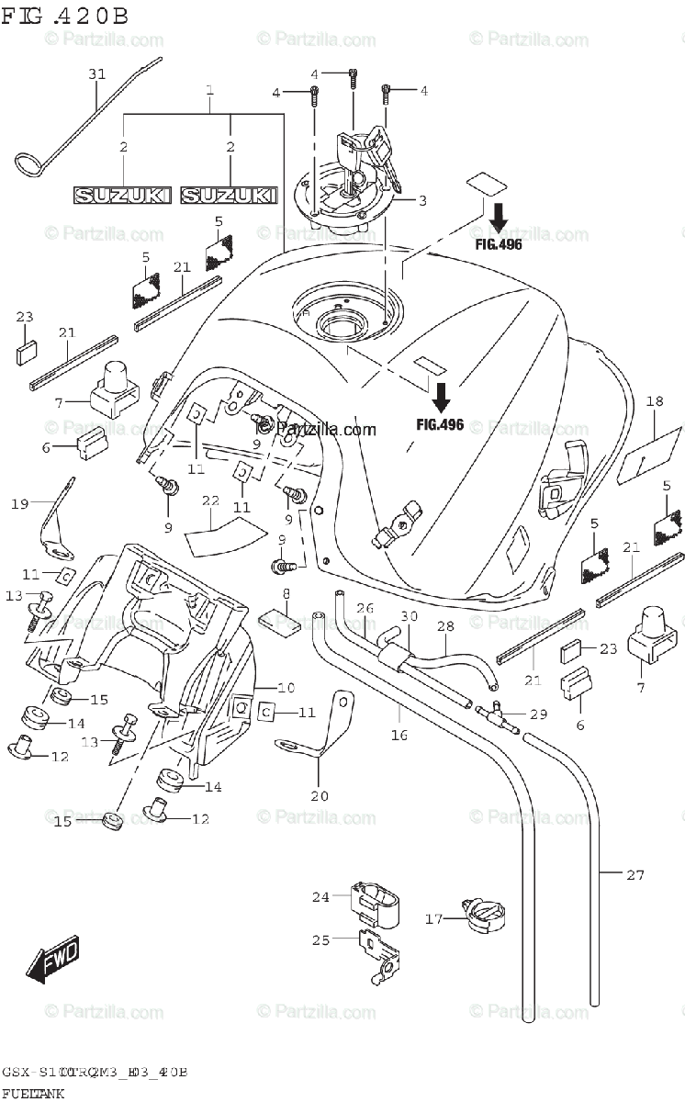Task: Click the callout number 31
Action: [98, 74]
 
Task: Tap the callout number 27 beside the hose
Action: [635, 875]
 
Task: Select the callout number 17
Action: [433, 917]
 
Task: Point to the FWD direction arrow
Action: [52, 958]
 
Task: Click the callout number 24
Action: [320, 897]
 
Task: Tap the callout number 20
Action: [320, 795]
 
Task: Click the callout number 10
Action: [286, 687]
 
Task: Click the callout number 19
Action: [20, 503]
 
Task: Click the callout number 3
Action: [422, 200]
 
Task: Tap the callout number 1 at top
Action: [209, 91]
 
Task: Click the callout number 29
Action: [538, 714]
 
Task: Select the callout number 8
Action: [286, 594]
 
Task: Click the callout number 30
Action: [409, 616]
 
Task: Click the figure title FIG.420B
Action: [64, 16]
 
